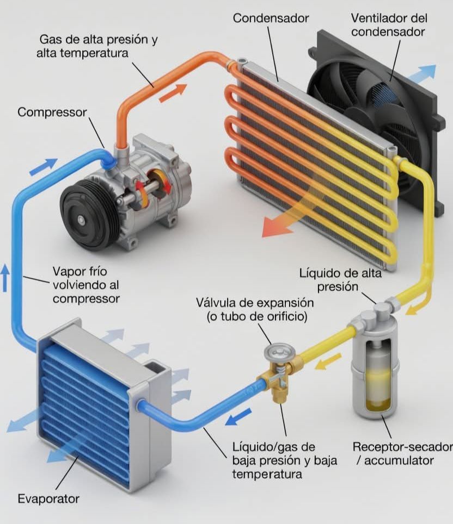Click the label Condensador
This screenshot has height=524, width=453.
coord(271,18)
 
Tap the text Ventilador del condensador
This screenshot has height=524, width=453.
coord(389,24)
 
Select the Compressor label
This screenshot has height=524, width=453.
coord(52,113)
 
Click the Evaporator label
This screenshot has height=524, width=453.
coord(48,498)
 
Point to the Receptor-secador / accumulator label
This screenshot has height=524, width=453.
coord(402,453)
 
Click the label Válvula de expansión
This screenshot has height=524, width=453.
coord(255,303)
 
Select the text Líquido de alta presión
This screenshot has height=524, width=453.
coord(340,280)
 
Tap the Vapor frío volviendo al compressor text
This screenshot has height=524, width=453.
coord(86,285)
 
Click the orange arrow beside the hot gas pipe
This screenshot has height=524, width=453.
coord(173,93)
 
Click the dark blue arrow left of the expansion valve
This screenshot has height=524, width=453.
coord(238,416)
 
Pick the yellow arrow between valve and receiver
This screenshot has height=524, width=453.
coord(328,361)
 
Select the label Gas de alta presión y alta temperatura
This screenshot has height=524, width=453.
coord(97,46)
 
